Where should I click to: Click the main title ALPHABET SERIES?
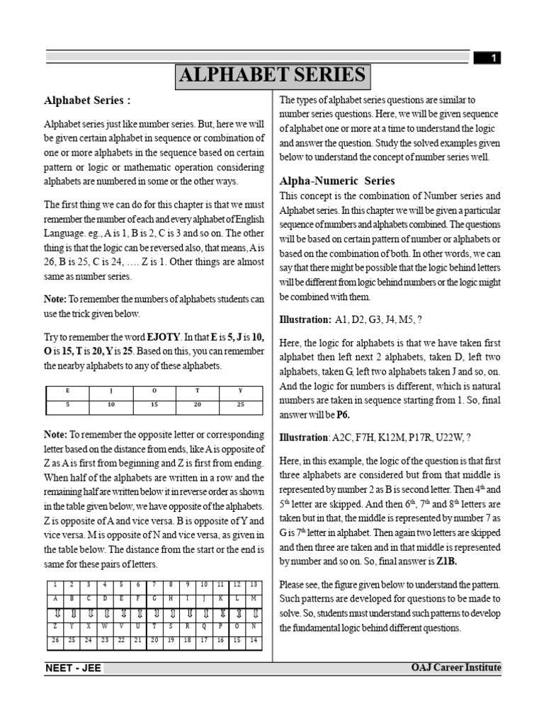coord(272,76)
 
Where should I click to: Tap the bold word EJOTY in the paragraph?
coord(162,337)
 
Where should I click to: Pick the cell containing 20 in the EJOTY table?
coord(197,404)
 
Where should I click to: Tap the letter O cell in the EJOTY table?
coord(154,390)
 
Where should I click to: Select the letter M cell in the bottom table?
coord(254,598)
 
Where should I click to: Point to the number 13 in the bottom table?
coord(254,584)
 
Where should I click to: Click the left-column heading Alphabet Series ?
coord(87,100)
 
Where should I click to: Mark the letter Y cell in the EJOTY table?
coord(240,390)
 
